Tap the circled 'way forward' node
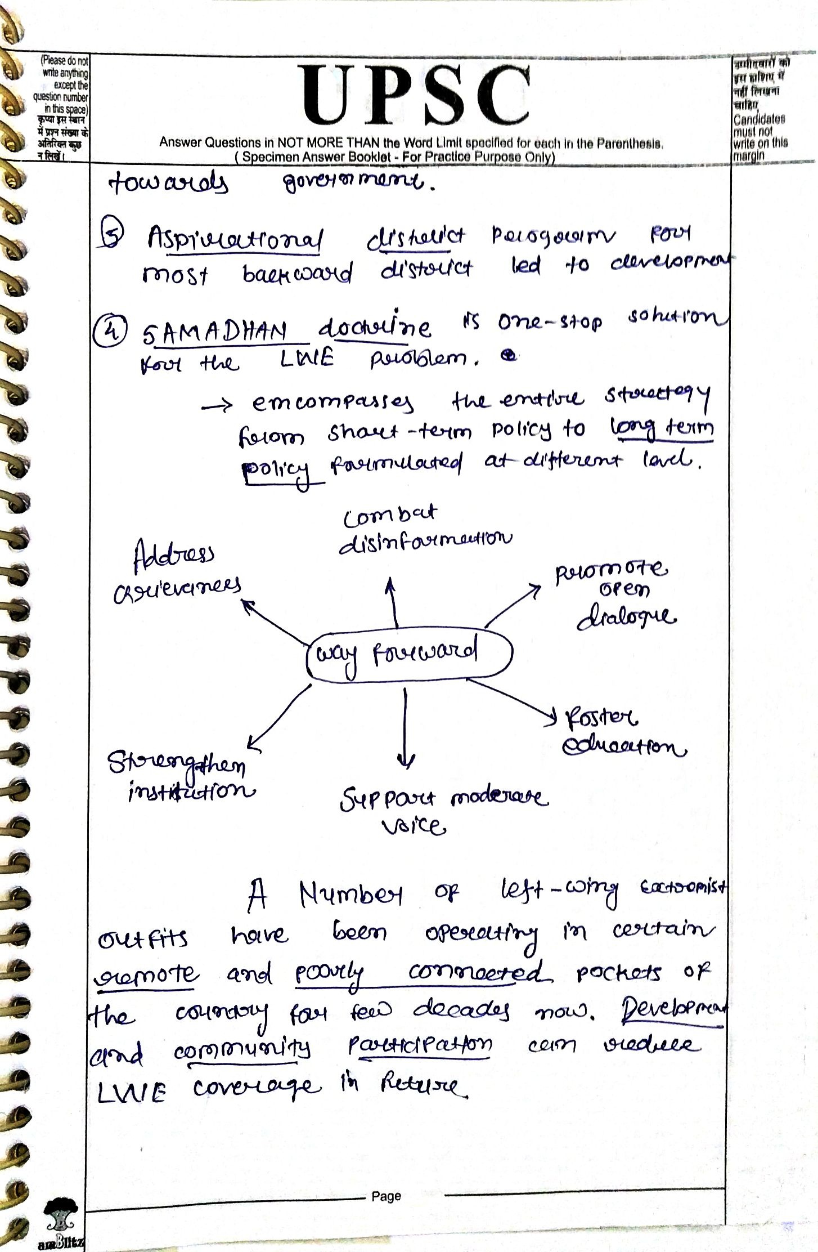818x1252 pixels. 409,655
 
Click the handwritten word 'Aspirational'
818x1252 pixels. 236,240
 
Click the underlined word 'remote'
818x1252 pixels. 146,973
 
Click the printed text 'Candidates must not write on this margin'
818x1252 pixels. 759,137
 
